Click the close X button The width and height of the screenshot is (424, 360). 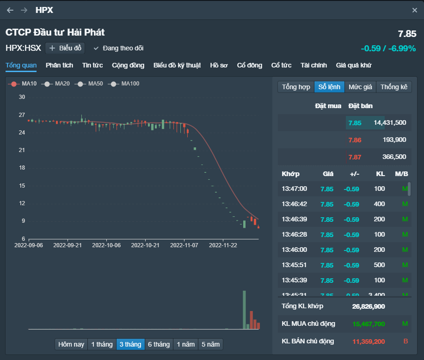[x=414, y=10]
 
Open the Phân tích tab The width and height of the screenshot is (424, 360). [x=59, y=65]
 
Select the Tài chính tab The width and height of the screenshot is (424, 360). [x=313, y=65]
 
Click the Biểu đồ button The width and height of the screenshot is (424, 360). [x=65, y=48]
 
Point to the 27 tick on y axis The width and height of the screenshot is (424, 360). [x=22, y=115]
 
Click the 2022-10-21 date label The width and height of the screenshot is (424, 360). [x=145, y=245]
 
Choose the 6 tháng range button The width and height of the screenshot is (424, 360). [x=159, y=344]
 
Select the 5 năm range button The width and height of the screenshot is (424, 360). [x=210, y=344]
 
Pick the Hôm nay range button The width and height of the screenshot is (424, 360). [x=71, y=344]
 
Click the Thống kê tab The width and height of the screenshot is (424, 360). [x=394, y=87]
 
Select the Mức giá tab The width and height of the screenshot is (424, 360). [x=360, y=87]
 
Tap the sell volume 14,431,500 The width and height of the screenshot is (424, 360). [x=390, y=122]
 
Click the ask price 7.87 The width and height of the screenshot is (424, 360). [x=355, y=157]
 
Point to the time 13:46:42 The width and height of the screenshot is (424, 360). [x=294, y=204]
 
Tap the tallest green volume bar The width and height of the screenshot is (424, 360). [x=244, y=310]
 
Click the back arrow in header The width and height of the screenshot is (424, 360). [x=10, y=10]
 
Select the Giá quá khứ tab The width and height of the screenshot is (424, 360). [x=354, y=65]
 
